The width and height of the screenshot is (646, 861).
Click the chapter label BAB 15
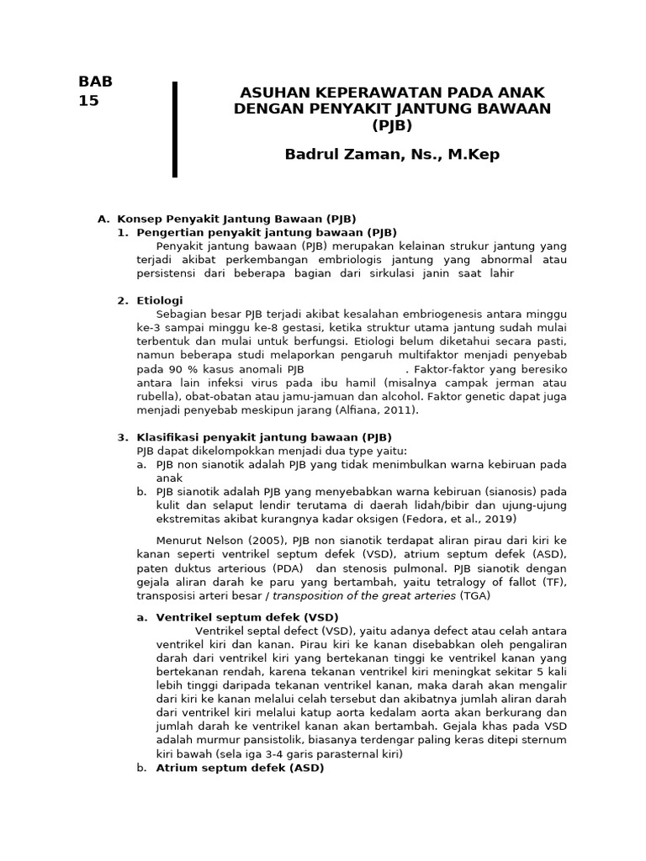[x=94, y=91]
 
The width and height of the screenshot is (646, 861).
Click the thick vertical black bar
[x=175, y=129]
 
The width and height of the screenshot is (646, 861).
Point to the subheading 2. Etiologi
[x=150, y=300]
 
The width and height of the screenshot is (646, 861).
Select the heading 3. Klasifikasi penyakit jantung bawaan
[x=254, y=437]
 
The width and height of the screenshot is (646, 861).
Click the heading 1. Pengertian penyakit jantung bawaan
[x=257, y=232]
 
